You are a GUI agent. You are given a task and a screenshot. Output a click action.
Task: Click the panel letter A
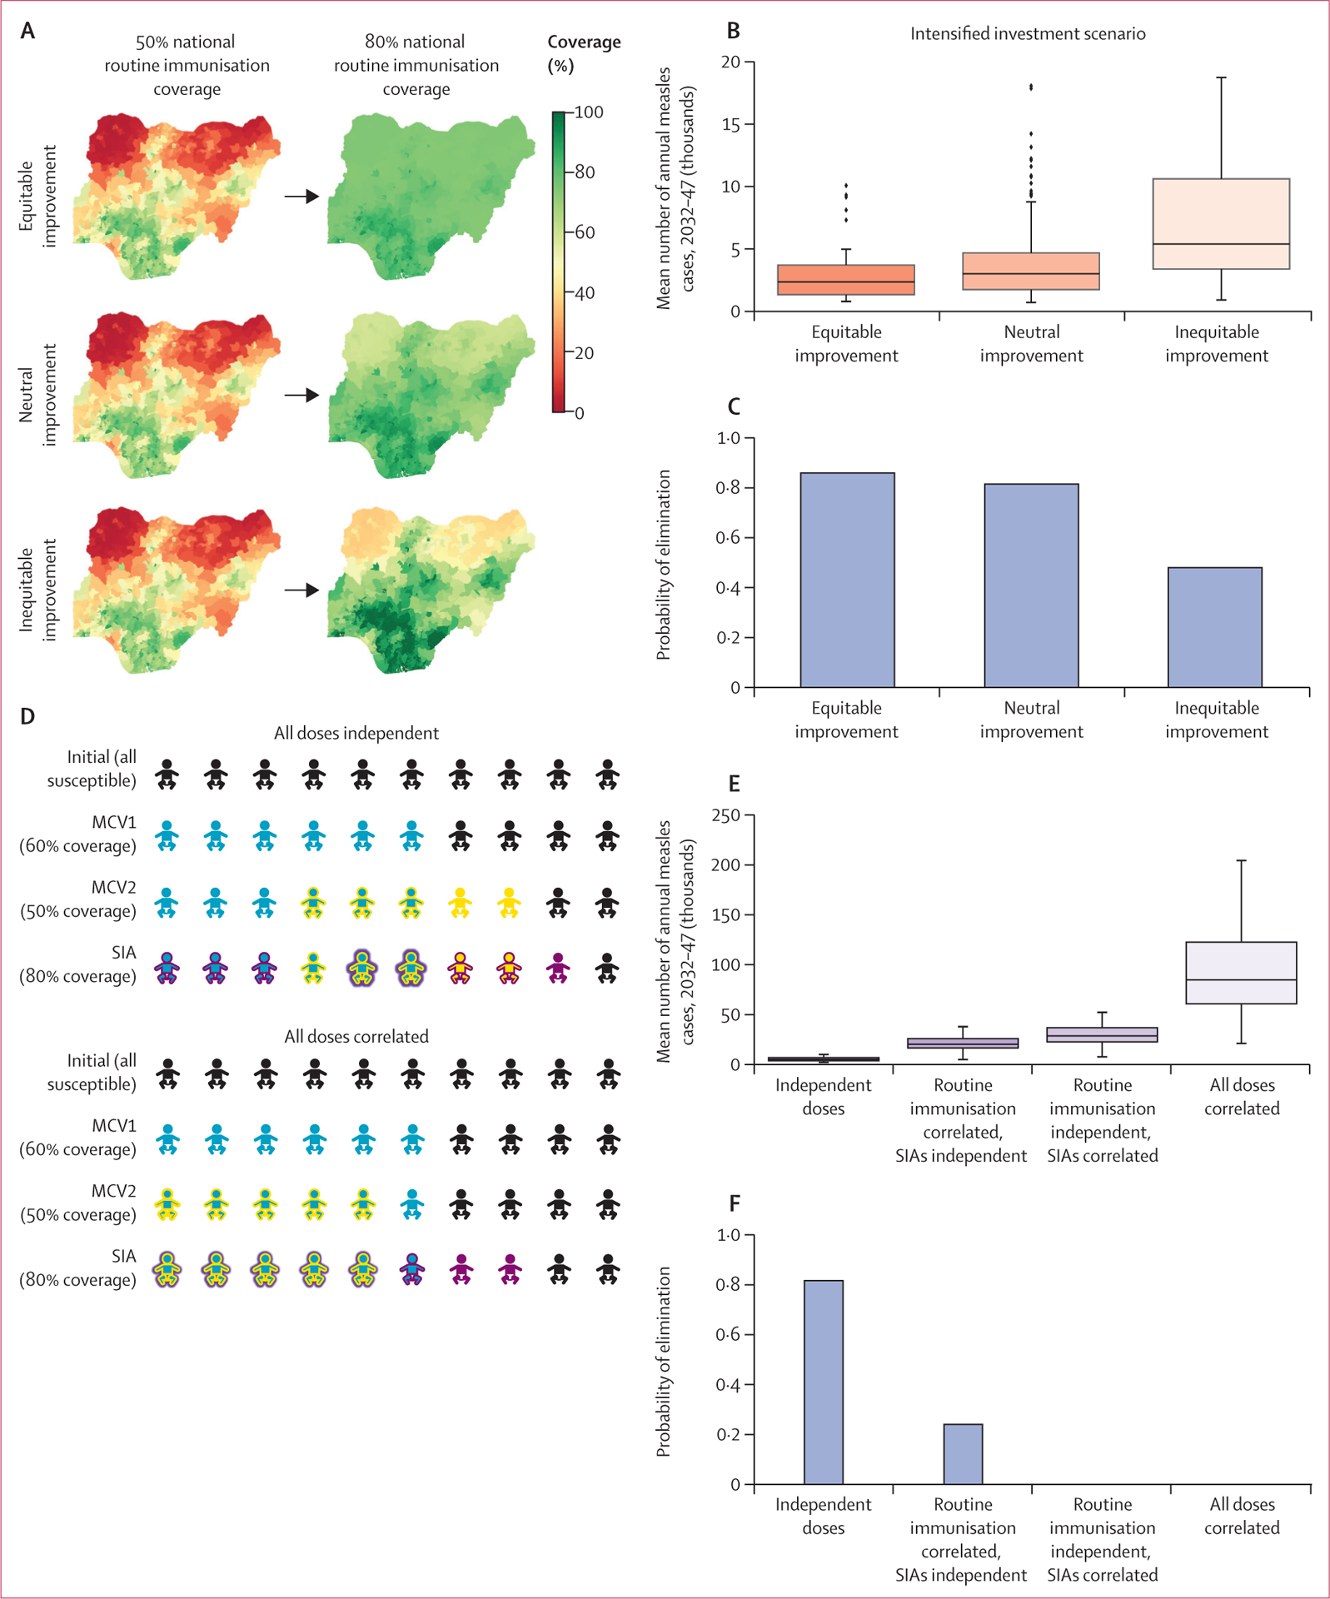tap(27, 31)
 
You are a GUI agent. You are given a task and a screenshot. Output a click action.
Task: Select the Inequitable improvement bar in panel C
tap(1214, 627)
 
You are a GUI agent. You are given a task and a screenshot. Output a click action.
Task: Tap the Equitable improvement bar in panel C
tap(847, 580)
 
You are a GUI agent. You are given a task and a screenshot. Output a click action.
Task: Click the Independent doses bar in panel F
tap(823, 1382)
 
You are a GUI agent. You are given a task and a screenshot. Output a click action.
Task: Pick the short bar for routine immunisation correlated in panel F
tap(963, 1454)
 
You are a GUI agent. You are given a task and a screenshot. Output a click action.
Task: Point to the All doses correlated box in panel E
tap(1241, 973)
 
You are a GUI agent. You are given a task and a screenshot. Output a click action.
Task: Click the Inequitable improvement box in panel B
tap(1221, 224)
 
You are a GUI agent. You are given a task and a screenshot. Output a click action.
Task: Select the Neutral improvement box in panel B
tap(1031, 271)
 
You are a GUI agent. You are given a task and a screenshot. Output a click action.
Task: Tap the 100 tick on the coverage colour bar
tap(588, 112)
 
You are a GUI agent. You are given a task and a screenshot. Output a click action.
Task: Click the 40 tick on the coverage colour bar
tap(585, 293)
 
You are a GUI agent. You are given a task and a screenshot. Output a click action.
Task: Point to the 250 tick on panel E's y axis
tap(726, 816)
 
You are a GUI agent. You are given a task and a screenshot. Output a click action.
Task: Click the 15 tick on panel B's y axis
tap(730, 125)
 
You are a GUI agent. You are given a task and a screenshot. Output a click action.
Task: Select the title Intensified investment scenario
tap(1027, 34)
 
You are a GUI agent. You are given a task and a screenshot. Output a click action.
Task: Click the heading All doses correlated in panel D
tap(356, 1037)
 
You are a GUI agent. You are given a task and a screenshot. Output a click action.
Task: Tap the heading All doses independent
tap(356, 733)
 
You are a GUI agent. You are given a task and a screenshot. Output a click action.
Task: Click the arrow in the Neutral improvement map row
tap(301, 395)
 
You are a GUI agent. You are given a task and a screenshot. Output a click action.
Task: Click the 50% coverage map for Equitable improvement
tap(177, 196)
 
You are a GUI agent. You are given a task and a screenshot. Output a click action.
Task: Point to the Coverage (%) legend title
tap(583, 53)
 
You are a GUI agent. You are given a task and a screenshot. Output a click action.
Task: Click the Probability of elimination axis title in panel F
tap(663, 1361)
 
